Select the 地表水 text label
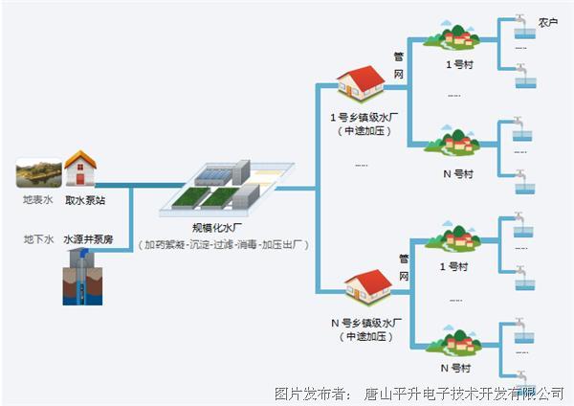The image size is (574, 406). coord(36,201)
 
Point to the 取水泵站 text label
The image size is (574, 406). coord(83,201)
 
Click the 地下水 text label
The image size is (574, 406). coord(36,238)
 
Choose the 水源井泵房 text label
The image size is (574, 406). coord(88,238)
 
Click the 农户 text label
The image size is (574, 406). coord(547,21)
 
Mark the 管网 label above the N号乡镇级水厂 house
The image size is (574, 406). coord(403,268)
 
